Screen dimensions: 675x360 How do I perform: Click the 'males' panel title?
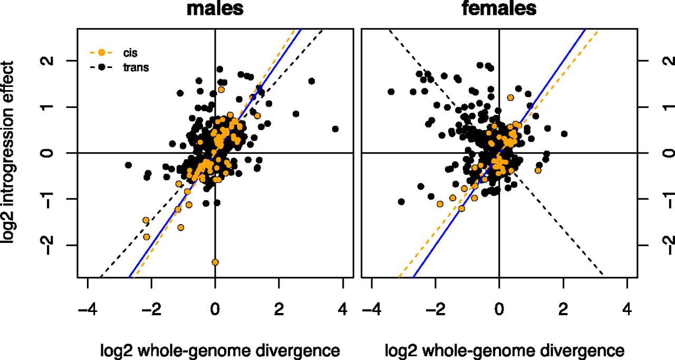(215, 8)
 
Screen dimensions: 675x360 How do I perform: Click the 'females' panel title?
(499, 8)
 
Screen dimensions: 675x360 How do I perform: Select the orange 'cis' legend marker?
(102, 53)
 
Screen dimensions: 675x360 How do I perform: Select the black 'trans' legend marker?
(102, 67)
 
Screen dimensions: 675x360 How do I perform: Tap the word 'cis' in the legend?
(130, 53)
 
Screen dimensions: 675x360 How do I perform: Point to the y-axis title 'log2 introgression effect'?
(7, 152)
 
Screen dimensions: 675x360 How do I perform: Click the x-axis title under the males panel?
(220, 351)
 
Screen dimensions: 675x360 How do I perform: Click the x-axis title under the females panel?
(505, 351)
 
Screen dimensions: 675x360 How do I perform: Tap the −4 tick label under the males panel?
(88, 309)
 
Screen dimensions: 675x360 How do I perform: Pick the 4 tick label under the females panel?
(627, 309)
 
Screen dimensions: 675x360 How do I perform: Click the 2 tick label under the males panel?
(279, 309)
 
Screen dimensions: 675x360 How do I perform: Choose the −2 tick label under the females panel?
(436, 309)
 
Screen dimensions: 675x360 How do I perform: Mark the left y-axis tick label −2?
(48, 245)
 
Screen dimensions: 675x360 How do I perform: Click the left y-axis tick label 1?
(48, 107)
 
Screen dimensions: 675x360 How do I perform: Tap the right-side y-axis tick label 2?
(668, 61)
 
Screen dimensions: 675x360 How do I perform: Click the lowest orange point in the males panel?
(215, 262)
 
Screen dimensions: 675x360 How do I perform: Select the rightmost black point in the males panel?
(335, 129)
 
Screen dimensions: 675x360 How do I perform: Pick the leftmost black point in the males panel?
(128, 165)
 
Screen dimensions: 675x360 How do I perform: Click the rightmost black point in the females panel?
(564, 134)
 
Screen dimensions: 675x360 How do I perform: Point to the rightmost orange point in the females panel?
(538, 170)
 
